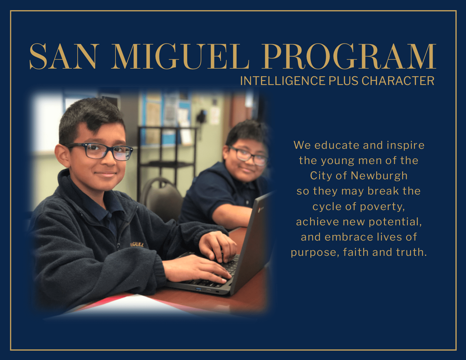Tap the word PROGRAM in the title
[x=349, y=56]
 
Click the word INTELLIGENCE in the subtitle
[x=282, y=81]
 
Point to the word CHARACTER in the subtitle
[x=398, y=81]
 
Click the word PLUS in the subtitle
[x=343, y=81]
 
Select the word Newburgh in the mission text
[x=379, y=176]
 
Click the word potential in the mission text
[x=395, y=222]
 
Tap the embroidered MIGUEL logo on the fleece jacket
[x=137, y=244]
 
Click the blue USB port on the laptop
[x=198, y=289]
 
